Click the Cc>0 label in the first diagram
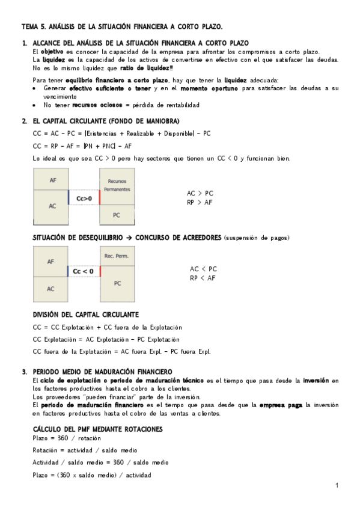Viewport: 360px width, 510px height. pyautogui.click(x=85, y=198)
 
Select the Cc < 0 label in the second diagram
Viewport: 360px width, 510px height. pyautogui.click(x=83, y=271)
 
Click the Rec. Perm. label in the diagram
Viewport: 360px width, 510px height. pyautogui.click(x=117, y=256)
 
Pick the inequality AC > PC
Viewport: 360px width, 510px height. pyautogui.click(x=200, y=194)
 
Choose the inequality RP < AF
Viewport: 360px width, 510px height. pyautogui.click(x=203, y=278)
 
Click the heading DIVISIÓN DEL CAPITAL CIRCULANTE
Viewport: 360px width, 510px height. pyautogui.click(x=85, y=315)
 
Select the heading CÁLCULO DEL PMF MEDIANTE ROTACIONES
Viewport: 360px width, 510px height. pyautogui.click(x=97, y=428)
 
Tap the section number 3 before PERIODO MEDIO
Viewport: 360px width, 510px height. pyautogui.click(x=24, y=371)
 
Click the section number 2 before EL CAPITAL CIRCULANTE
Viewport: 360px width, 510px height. pyautogui.click(x=24, y=121)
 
